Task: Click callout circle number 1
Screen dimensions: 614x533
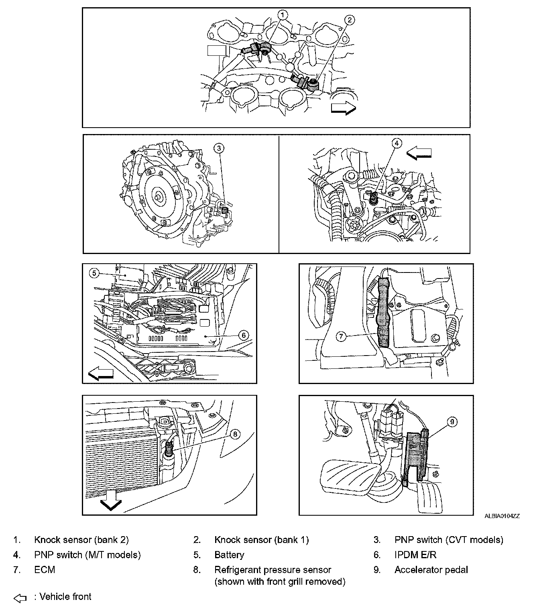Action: click(x=283, y=15)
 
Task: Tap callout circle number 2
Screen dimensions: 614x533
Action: click(x=350, y=20)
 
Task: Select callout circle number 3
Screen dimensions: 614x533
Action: click(x=219, y=148)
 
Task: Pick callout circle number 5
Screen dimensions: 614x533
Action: click(x=94, y=273)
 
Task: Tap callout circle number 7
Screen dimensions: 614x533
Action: click(x=341, y=336)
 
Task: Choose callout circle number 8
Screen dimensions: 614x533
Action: click(x=235, y=433)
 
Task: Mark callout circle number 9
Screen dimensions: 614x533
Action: click(x=452, y=422)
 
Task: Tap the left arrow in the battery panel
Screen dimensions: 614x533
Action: click(x=100, y=374)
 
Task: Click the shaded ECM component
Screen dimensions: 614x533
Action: click(x=384, y=313)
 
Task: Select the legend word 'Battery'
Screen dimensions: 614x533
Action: click(x=229, y=555)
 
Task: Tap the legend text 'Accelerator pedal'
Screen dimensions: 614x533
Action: click(x=431, y=570)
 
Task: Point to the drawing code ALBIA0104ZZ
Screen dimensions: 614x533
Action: click(x=502, y=516)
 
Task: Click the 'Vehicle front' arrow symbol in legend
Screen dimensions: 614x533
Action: click(x=20, y=598)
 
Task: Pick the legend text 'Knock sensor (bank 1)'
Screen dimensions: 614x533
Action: click(x=261, y=540)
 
